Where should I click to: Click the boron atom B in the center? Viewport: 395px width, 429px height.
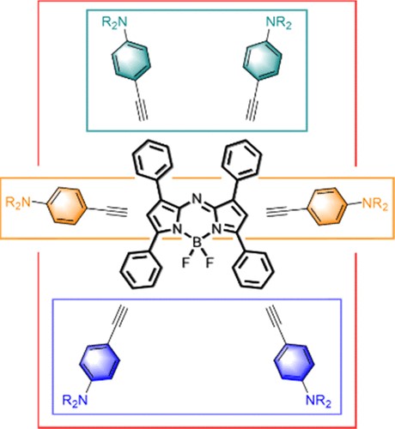(x=197, y=243)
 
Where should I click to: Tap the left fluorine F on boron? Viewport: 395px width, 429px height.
(x=185, y=263)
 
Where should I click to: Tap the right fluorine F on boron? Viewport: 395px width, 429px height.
(x=210, y=263)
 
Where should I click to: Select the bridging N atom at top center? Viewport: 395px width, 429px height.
(x=196, y=198)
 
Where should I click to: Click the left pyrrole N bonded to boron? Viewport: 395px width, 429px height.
(x=178, y=229)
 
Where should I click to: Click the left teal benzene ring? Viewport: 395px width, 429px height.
(x=131, y=61)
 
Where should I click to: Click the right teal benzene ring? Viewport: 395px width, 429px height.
(x=262, y=60)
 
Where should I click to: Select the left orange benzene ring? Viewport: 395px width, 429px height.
(x=67, y=206)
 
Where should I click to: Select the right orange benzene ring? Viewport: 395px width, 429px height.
(x=327, y=206)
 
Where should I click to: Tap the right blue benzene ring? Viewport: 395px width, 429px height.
(x=294, y=362)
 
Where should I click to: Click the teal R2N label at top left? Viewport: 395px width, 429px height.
(x=114, y=22)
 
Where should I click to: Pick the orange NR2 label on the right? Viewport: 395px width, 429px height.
(x=375, y=205)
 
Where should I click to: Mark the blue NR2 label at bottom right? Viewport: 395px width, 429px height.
(x=318, y=401)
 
